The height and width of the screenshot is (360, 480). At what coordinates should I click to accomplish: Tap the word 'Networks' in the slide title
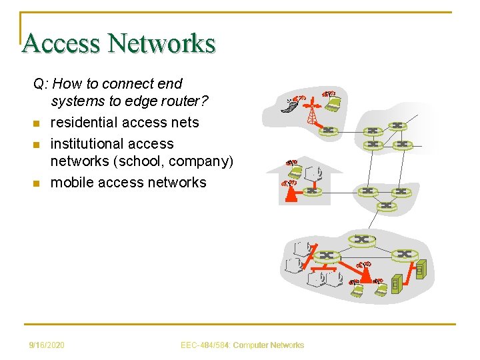coord(162,43)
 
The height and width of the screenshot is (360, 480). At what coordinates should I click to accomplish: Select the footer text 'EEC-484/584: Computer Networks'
coord(242,345)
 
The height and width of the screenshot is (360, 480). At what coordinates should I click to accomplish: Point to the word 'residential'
coord(84,123)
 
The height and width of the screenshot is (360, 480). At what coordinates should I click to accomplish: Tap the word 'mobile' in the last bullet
coord(73,182)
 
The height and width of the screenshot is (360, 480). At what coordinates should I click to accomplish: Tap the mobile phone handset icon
coord(289,105)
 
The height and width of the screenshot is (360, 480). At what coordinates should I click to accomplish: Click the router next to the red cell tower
coord(327,130)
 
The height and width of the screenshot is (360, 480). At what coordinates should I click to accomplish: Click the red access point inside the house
coord(291,193)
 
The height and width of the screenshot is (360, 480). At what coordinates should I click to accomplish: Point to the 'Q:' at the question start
coord(41,84)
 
